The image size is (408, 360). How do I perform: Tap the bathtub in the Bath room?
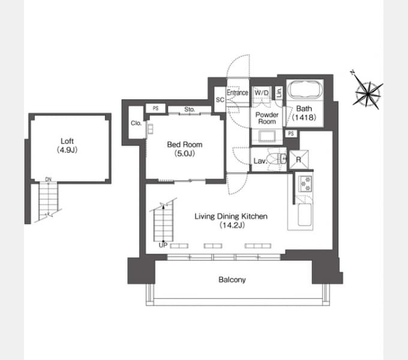point(305,89)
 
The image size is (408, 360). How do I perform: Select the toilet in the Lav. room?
point(277,158)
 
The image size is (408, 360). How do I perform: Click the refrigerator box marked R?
point(299,159)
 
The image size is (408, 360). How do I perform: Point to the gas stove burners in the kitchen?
point(305,184)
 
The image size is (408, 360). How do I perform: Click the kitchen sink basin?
point(304,215)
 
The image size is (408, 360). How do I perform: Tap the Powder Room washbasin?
point(267,136)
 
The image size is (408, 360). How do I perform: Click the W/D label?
point(262,92)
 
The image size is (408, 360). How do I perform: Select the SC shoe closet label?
point(220,100)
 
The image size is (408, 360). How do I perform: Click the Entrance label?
point(238,92)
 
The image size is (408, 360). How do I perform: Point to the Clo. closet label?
point(136,123)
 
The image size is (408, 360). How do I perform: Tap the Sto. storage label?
point(190,110)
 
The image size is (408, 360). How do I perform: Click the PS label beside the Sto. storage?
point(155,108)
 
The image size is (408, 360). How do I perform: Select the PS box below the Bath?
point(291,133)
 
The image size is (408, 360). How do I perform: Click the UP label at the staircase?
point(163,245)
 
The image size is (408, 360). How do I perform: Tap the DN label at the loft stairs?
point(48,179)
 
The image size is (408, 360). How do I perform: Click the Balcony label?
point(232,280)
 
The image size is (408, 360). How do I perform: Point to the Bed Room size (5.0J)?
point(185,154)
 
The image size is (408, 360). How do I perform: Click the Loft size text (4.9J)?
point(67,150)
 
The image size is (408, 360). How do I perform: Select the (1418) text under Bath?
point(304,118)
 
